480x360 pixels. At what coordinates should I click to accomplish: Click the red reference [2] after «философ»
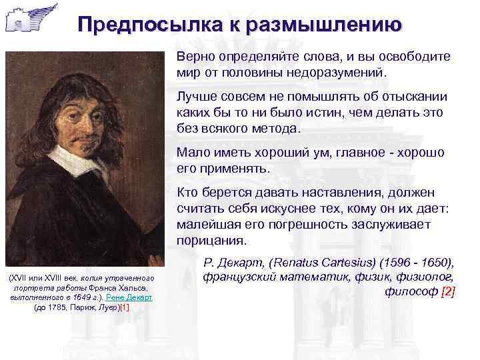point(447,292)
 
